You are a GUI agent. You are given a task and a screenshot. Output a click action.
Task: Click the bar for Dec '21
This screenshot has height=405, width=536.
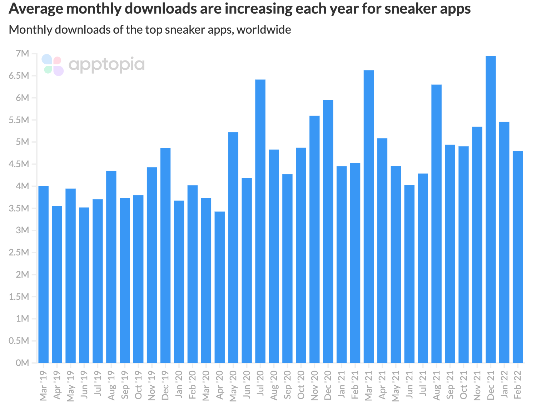pos(491,209)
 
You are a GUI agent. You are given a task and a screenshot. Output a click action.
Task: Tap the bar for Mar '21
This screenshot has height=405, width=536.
pos(369,216)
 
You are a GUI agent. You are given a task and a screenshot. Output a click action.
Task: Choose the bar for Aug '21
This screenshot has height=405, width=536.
pos(436,224)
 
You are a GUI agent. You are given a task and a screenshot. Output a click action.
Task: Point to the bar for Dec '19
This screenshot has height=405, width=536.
pos(165,255)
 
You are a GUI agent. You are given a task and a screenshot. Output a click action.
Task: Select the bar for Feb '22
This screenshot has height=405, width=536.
pos(518,257)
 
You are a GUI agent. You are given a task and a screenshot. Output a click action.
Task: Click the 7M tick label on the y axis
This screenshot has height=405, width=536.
pos(22,54)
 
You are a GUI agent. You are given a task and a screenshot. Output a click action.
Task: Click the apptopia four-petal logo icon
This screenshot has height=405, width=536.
pos(53,65)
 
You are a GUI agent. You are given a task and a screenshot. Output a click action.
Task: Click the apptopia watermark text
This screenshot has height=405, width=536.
pos(106,65)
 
